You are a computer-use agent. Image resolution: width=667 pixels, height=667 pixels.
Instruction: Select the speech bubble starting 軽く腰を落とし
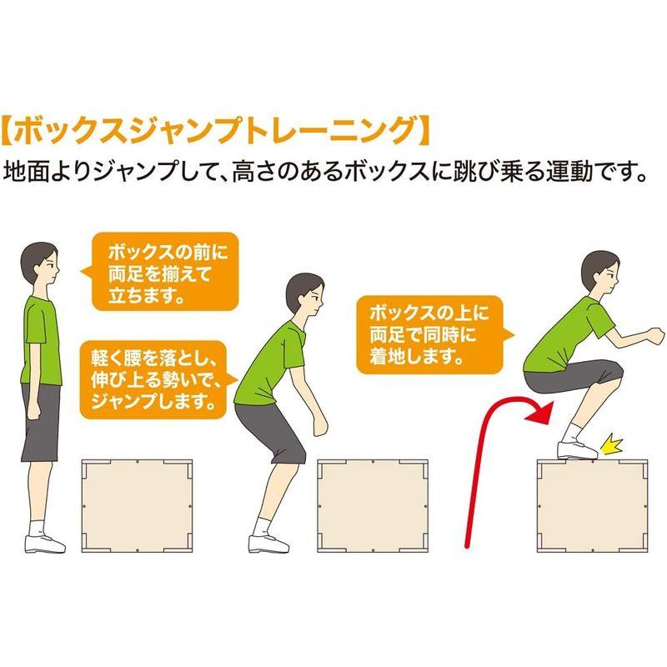(x=153, y=379)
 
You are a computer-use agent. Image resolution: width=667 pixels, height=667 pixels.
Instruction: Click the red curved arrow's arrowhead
(x=542, y=409)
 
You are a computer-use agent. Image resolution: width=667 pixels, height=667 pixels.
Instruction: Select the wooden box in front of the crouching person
(x=373, y=505)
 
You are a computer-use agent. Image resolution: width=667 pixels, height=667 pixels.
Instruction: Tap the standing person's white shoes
(x=43, y=544)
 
